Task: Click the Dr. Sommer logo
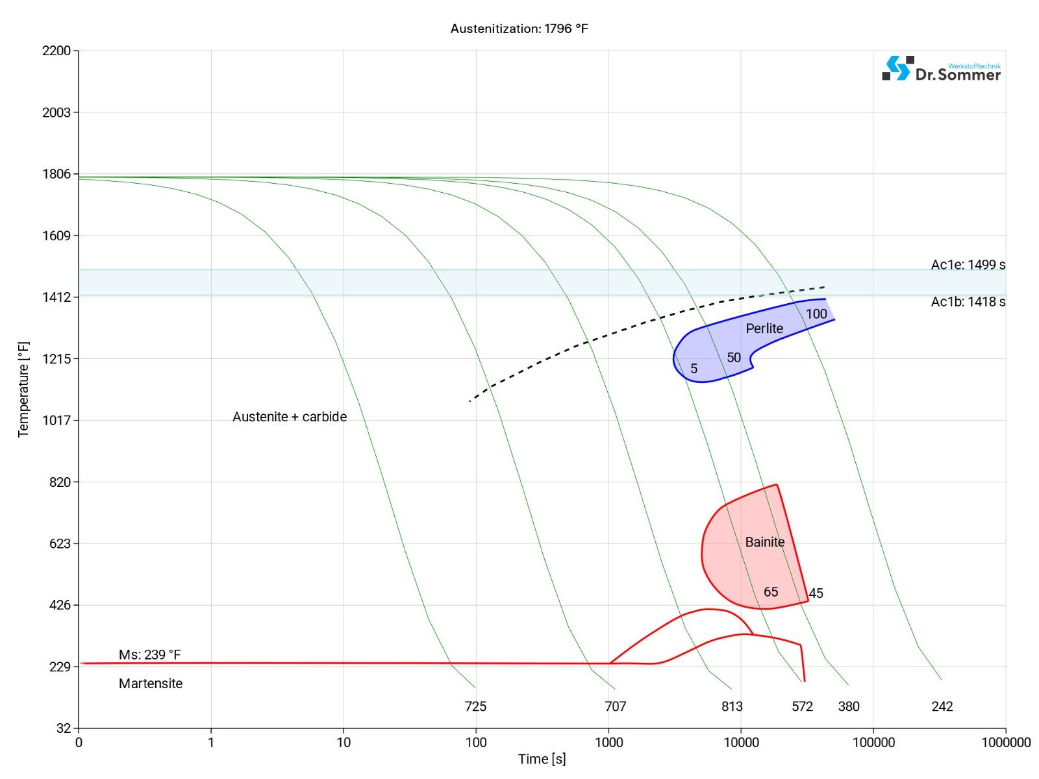pyautogui.click(x=941, y=69)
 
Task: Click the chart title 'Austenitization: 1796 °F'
pyautogui.click(x=519, y=29)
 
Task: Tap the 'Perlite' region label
pyautogui.click(x=764, y=328)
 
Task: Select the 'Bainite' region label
pyautogui.click(x=764, y=542)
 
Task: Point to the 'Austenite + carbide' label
pyautogui.click(x=290, y=417)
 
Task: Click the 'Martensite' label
pyautogui.click(x=151, y=684)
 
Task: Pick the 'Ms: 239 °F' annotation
pyautogui.click(x=149, y=654)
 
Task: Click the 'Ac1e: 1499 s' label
pyautogui.click(x=968, y=265)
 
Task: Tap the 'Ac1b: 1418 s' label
pyautogui.click(x=968, y=302)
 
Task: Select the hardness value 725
pyautogui.click(x=475, y=706)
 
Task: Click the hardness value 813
pyautogui.click(x=732, y=706)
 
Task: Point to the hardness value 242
pyautogui.click(x=942, y=706)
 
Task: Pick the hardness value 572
pyautogui.click(x=802, y=706)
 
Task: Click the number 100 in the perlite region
pyautogui.click(x=816, y=314)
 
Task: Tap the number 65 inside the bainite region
pyautogui.click(x=771, y=592)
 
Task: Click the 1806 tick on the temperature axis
pyautogui.click(x=56, y=174)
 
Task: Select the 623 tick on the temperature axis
pyautogui.click(x=60, y=543)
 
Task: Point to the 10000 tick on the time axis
pyautogui.click(x=741, y=743)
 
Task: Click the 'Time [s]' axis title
pyautogui.click(x=542, y=759)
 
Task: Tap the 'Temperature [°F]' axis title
pyautogui.click(x=24, y=389)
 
